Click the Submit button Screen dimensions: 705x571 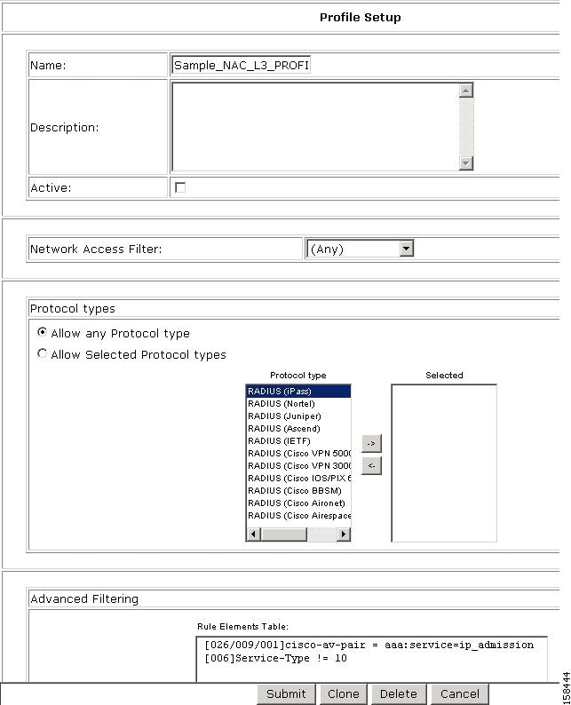[x=286, y=694]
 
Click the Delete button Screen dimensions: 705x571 [x=398, y=694]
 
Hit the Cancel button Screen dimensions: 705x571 [x=459, y=694]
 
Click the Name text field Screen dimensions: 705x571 [x=241, y=65]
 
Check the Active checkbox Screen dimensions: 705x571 [x=180, y=187]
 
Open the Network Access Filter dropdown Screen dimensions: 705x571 [x=406, y=250]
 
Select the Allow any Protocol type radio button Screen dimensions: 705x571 [x=42, y=332]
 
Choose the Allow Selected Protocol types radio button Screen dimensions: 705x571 [x=42, y=353]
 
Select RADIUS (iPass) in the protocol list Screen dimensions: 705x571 [x=297, y=391]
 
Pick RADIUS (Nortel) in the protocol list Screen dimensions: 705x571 [x=297, y=403]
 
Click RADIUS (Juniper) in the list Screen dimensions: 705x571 [x=297, y=416]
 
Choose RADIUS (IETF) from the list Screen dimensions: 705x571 [x=297, y=440]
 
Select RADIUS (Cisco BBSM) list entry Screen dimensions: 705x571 [x=297, y=490]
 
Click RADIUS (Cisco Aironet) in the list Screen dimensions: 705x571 [x=297, y=503]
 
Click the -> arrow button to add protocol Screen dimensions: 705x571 [x=371, y=443]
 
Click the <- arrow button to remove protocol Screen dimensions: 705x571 [x=371, y=465]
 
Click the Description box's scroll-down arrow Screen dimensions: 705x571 [x=466, y=162]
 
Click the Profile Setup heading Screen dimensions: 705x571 [x=360, y=17]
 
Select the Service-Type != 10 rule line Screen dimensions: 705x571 [x=275, y=658]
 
